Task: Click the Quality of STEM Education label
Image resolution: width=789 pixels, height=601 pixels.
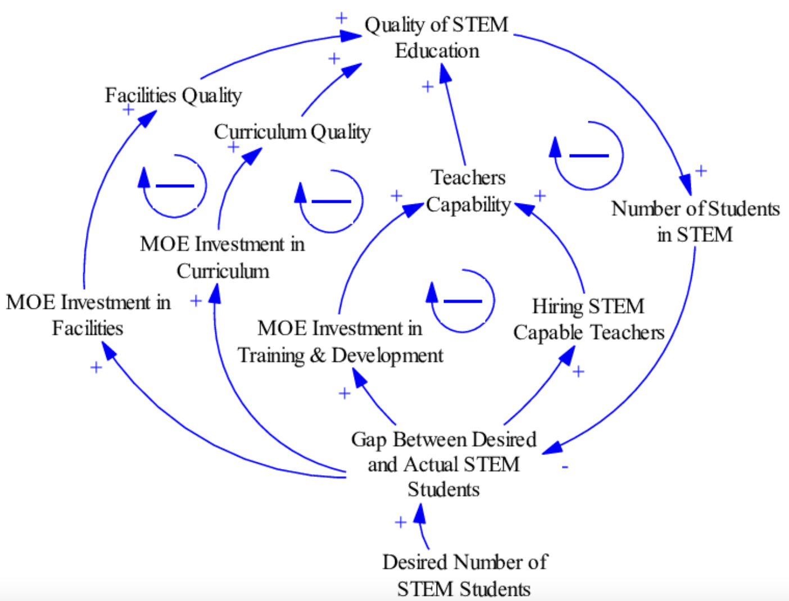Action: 436,37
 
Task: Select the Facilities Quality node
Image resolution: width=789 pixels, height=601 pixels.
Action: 173,95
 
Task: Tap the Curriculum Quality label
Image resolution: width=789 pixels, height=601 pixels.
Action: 292,132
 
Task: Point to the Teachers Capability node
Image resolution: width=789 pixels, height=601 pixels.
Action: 468,191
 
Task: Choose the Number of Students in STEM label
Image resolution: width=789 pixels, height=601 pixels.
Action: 695,221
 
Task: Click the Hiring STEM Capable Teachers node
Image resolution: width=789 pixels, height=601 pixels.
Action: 588,319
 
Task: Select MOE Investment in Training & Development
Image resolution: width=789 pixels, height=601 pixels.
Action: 340,342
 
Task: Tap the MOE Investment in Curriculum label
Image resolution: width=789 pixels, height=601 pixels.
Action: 223,257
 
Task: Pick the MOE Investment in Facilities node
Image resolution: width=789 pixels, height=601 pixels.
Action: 88,315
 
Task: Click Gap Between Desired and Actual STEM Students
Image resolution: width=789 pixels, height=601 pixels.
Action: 443,464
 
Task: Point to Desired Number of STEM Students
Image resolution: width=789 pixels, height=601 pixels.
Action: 464,575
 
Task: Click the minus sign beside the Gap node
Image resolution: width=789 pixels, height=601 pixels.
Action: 565,467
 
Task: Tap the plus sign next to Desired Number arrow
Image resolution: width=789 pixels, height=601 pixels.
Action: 400,522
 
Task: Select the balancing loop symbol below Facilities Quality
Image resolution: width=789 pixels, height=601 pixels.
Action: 175,185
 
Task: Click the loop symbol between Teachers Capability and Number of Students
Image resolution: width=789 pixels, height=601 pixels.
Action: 588,156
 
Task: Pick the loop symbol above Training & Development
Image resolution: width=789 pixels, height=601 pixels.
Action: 462,301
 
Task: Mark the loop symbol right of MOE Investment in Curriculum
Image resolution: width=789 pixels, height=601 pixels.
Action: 331,201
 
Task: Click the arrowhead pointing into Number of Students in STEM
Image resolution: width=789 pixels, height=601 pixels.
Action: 685,185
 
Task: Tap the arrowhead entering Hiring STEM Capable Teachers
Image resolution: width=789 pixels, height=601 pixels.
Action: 568,353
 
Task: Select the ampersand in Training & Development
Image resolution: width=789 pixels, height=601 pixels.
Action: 318,356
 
